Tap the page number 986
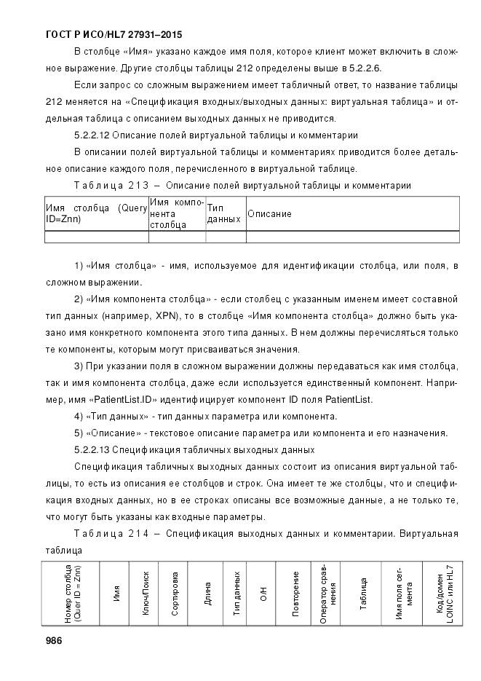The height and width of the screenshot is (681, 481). pos(53,641)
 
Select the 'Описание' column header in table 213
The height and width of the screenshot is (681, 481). pos(269,214)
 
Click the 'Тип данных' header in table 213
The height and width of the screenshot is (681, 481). pos(223,213)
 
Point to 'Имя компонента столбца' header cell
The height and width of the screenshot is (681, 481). pos(177,213)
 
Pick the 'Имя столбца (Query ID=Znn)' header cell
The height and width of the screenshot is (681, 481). pos(96,213)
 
